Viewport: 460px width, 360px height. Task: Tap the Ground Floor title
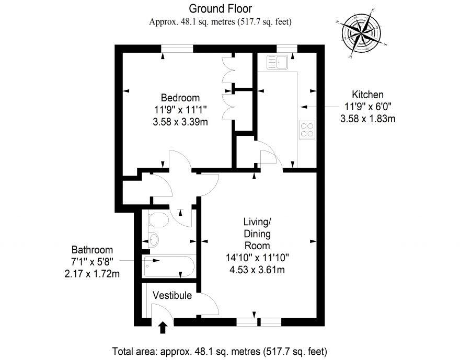tap(220, 8)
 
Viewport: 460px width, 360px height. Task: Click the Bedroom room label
tap(180, 98)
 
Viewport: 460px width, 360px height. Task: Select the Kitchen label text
tap(367, 95)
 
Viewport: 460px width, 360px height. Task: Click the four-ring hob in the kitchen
tap(307, 129)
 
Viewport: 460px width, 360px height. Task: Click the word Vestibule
tap(172, 296)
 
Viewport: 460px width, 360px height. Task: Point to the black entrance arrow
tap(163, 327)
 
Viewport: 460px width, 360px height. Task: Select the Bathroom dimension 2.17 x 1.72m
tap(91, 273)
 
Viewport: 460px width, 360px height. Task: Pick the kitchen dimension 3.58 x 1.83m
tap(367, 119)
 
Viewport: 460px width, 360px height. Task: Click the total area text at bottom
tap(220, 350)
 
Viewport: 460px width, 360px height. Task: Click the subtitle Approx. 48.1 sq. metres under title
tap(220, 22)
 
